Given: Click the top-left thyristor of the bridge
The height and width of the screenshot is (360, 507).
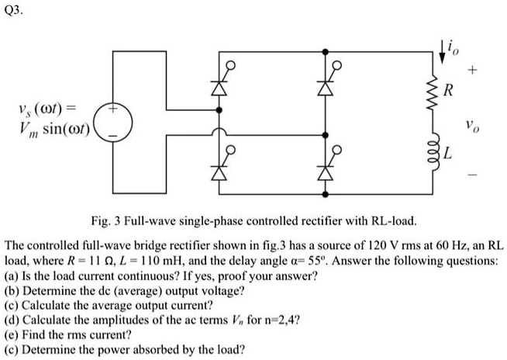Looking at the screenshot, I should tap(221, 85).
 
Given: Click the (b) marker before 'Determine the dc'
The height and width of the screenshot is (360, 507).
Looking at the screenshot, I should tap(13, 291).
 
